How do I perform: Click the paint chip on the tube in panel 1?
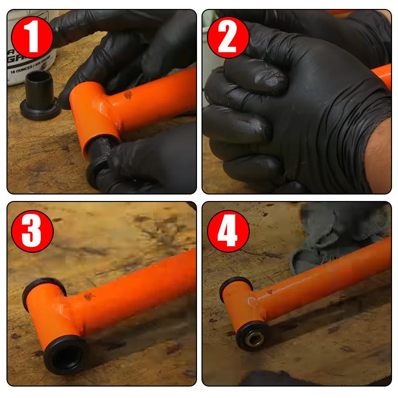(128, 95)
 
